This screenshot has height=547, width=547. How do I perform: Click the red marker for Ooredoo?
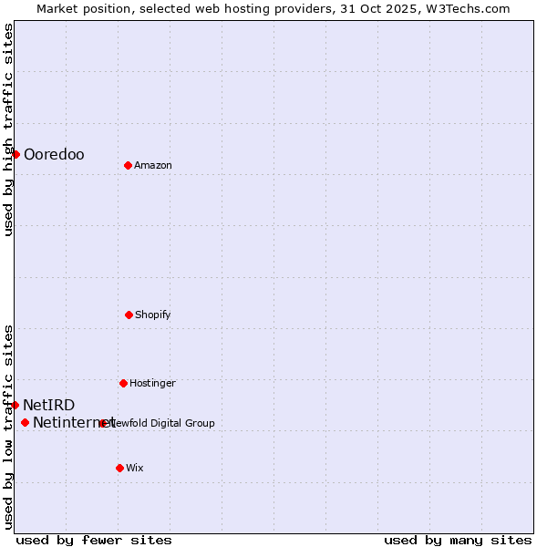15,154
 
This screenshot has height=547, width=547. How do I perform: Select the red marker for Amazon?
128,165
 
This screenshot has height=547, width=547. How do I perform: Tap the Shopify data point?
129,315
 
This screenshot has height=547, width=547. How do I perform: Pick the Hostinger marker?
123,383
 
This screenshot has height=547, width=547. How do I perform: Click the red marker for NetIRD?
15,405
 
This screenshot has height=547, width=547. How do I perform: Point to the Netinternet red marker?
25,422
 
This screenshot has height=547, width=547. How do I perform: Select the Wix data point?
119,468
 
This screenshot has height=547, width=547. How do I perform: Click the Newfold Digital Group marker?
102,423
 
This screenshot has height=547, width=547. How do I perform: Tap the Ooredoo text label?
54,155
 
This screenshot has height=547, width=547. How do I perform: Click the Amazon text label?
153,166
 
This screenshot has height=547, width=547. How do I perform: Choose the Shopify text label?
153,315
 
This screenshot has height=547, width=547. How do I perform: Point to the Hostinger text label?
152,384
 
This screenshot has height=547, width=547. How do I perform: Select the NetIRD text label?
49,406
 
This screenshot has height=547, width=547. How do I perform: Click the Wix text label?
135,469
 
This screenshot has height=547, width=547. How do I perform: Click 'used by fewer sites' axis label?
94,540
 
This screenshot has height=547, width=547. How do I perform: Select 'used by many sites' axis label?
458,540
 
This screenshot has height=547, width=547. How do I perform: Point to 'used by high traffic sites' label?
8,129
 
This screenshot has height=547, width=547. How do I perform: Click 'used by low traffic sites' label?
8,427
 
